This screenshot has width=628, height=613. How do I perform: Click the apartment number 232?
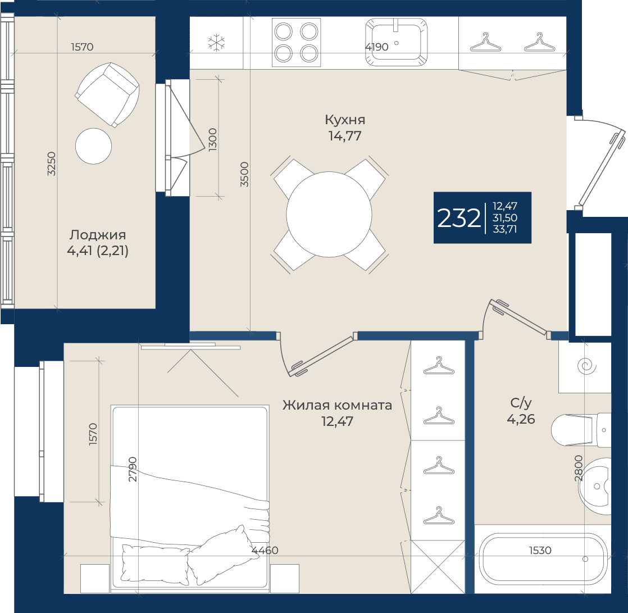(x=458, y=219)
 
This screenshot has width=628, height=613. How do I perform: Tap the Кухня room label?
(x=345, y=120)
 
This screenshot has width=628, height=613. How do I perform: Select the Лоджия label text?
(x=98, y=235)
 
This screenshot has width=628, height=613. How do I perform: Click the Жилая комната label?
(x=337, y=405)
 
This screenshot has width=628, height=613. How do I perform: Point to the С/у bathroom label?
(x=521, y=403)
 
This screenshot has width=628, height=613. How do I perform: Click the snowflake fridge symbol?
(x=216, y=43)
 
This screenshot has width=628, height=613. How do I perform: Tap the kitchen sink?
(x=396, y=42)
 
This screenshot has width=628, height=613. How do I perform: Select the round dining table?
(x=329, y=214)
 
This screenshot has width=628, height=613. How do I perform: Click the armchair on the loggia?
(x=107, y=94)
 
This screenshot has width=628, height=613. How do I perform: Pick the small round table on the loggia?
(x=93, y=146)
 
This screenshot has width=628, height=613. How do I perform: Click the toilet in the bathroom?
(x=581, y=430)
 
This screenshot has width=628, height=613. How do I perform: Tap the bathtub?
(x=543, y=559)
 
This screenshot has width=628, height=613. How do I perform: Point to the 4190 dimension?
(x=376, y=47)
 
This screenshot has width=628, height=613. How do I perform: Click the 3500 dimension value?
(x=244, y=174)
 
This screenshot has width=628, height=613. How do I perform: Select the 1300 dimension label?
(x=213, y=139)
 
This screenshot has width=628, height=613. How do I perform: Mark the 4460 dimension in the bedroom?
(x=265, y=551)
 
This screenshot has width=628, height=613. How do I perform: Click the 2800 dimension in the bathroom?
(x=579, y=468)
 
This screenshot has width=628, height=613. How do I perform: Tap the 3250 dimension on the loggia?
(x=51, y=164)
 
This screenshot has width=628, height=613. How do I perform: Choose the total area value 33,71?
(x=504, y=229)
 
